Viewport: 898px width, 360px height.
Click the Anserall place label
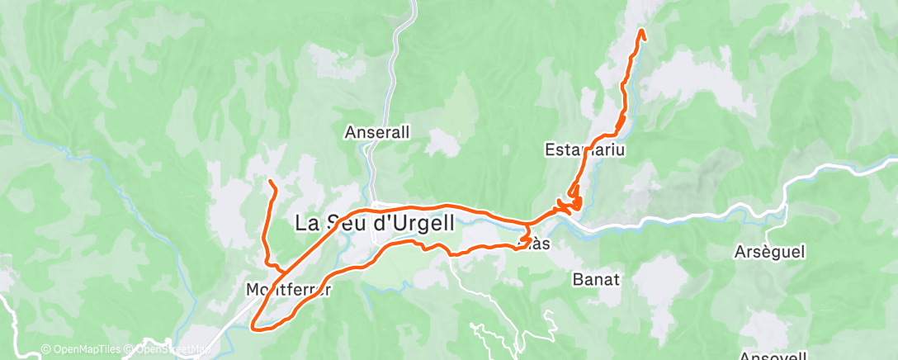[x=377, y=132]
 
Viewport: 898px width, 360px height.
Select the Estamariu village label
[x=583, y=150]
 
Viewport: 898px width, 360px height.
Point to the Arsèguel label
[x=768, y=251]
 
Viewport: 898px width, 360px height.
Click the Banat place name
[x=595, y=280]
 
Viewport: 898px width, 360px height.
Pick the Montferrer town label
[x=288, y=290]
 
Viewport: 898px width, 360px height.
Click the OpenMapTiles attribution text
[x=80, y=349]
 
